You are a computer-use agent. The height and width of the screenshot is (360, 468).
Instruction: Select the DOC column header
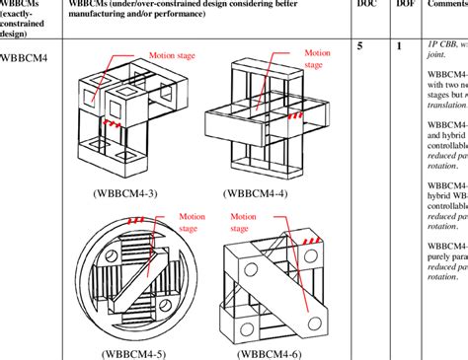(365, 5)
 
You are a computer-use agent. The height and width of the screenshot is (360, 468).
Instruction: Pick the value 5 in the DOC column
(360, 46)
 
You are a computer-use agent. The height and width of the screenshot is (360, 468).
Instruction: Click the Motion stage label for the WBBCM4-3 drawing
(171, 56)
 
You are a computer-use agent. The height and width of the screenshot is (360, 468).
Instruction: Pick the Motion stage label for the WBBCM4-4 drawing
(317, 59)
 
